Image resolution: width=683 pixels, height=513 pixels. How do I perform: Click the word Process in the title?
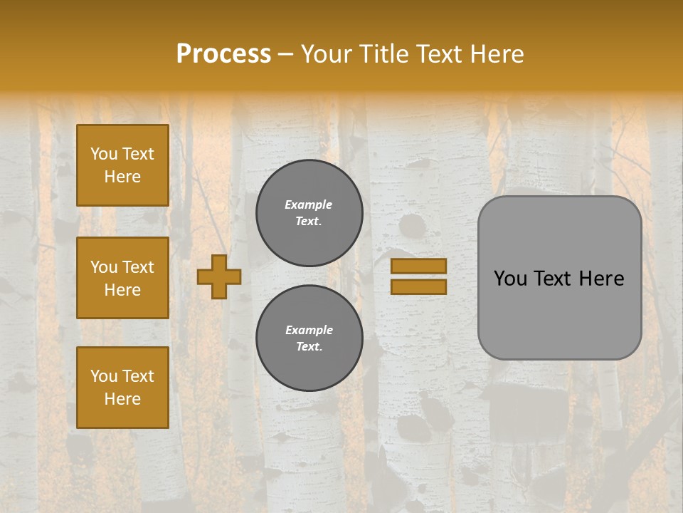coord(223,54)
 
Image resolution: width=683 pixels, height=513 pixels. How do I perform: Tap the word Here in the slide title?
coord(497,54)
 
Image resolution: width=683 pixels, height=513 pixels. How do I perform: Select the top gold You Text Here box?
coord(122,165)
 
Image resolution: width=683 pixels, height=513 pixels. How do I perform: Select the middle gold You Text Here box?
coord(122,278)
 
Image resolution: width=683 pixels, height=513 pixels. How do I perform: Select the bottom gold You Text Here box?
coord(122,388)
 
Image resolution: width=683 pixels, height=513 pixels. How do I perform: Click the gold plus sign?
coord(219,276)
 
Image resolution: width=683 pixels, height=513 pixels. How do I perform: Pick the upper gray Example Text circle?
coord(309,213)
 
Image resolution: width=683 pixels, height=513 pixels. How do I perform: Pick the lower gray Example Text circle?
coord(309,338)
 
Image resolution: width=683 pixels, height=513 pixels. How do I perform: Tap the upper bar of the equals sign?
coord(418,266)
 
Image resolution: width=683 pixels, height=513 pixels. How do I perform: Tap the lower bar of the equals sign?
coord(418,287)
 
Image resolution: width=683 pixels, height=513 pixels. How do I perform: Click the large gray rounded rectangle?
coord(559,313)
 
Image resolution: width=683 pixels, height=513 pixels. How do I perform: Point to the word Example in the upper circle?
coord(309,204)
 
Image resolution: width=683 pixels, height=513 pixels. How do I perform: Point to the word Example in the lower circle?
coord(309,330)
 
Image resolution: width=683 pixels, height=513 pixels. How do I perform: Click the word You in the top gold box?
coord(104,154)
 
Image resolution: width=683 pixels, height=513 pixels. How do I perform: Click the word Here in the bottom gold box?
coord(122,399)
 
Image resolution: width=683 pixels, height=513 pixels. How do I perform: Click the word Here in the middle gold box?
coord(122,290)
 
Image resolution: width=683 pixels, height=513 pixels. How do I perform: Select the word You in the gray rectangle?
coord(510,279)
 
